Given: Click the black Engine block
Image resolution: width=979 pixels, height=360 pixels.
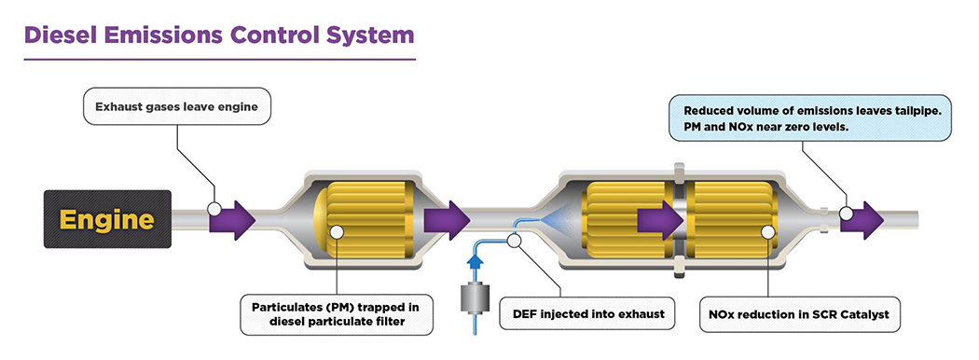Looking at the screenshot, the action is click(107, 219).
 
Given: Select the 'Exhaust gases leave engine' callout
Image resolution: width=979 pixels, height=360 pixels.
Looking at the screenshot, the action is click(177, 106).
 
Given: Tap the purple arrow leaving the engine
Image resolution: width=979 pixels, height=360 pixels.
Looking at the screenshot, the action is click(231, 220).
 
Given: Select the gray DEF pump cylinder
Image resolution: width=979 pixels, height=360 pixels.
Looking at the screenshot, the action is click(476, 298).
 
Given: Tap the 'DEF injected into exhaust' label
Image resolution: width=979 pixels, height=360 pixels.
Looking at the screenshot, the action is click(586, 313).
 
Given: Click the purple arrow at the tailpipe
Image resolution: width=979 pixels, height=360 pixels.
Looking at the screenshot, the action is click(862, 220).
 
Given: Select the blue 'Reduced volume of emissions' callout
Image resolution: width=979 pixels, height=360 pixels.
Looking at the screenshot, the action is click(810, 118).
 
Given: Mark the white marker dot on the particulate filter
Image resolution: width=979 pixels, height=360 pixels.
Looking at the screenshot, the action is click(337, 232).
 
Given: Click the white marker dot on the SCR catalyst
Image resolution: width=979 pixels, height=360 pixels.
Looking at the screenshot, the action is click(768, 232).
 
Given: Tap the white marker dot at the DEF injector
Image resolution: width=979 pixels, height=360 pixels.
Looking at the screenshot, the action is click(515, 240).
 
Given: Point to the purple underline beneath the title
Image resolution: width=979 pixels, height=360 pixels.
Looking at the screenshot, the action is click(220, 60).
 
